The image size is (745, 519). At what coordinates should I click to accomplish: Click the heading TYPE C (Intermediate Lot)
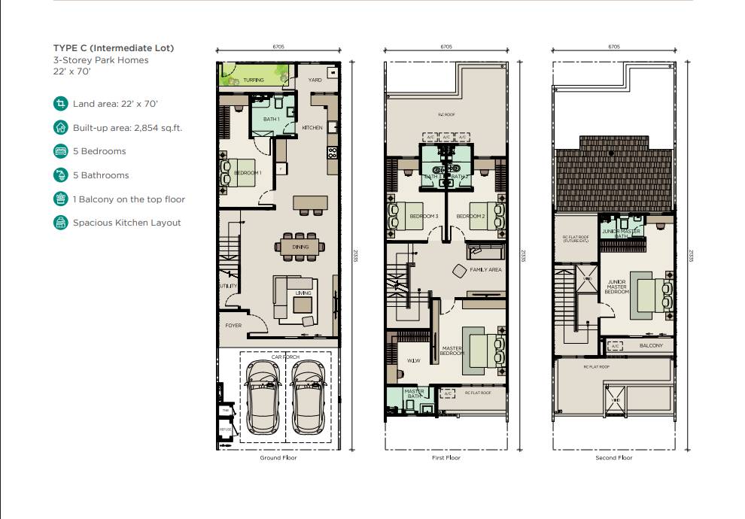click(114, 48)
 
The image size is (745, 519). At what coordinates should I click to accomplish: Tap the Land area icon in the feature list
click(60, 104)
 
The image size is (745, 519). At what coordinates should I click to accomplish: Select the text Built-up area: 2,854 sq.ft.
click(127, 128)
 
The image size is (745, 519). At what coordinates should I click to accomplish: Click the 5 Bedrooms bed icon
click(60, 151)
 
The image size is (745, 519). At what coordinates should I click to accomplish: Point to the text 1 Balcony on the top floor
click(129, 199)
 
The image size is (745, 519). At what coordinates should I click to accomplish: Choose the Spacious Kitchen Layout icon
click(60, 223)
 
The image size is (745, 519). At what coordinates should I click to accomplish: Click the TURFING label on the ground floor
click(254, 79)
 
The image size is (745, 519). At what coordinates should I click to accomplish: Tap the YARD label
click(315, 79)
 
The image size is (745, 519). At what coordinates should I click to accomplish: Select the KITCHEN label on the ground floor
click(312, 128)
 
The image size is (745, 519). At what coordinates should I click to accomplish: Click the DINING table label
click(301, 246)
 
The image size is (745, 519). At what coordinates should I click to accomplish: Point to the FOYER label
click(234, 326)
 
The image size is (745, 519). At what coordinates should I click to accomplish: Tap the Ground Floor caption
click(279, 457)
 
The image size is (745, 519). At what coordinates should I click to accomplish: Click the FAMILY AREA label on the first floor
click(485, 269)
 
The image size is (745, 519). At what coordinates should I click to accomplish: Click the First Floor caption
click(447, 457)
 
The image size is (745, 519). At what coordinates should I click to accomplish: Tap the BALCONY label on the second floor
click(651, 346)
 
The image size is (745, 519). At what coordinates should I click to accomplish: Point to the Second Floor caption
click(615, 457)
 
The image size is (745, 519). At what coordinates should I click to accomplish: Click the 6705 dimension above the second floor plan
click(614, 47)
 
